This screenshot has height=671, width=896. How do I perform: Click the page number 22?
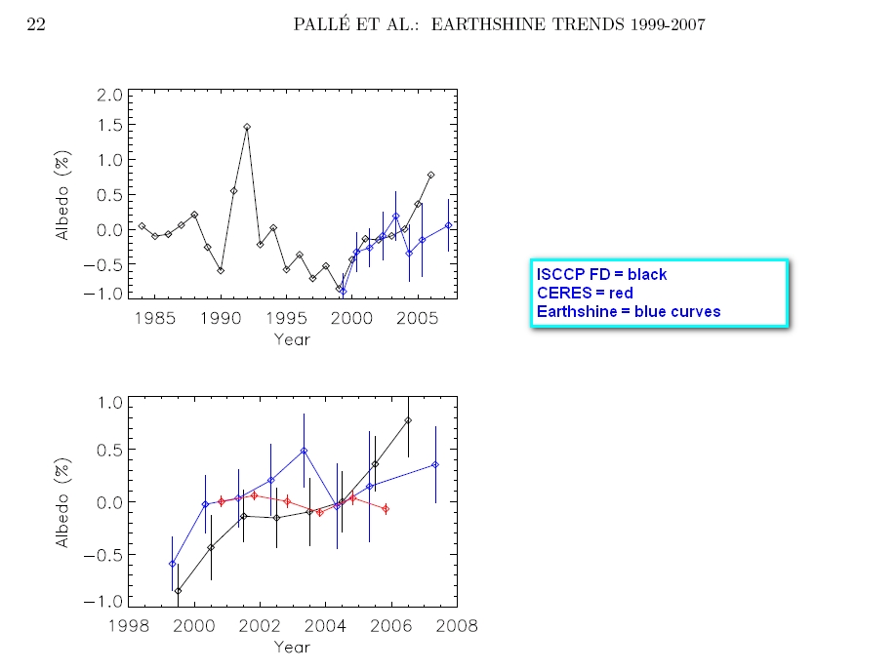(x=34, y=24)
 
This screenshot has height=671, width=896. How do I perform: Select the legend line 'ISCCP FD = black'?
(x=601, y=275)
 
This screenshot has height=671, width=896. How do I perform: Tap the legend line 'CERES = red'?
(x=584, y=293)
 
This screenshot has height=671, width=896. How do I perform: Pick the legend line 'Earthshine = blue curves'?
(x=629, y=311)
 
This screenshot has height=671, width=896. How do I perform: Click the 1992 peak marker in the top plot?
(x=247, y=127)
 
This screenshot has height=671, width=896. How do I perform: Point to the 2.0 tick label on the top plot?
(x=110, y=95)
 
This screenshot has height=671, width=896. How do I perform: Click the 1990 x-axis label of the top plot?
(x=222, y=317)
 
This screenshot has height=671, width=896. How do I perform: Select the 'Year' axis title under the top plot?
(x=291, y=339)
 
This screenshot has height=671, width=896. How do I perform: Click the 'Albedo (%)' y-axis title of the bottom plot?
(x=62, y=503)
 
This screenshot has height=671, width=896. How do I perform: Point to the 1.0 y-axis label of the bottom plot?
(x=110, y=403)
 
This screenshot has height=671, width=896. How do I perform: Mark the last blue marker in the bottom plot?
(x=435, y=465)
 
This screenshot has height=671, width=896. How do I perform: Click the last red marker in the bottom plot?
(x=386, y=509)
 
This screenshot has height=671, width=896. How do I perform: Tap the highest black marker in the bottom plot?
(x=408, y=421)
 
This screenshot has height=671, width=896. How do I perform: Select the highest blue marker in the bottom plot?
(x=305, y=451)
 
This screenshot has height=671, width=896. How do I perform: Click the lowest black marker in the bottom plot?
(x=178, y=591)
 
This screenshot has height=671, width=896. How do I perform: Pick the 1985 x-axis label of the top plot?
(x=155, y=317)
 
